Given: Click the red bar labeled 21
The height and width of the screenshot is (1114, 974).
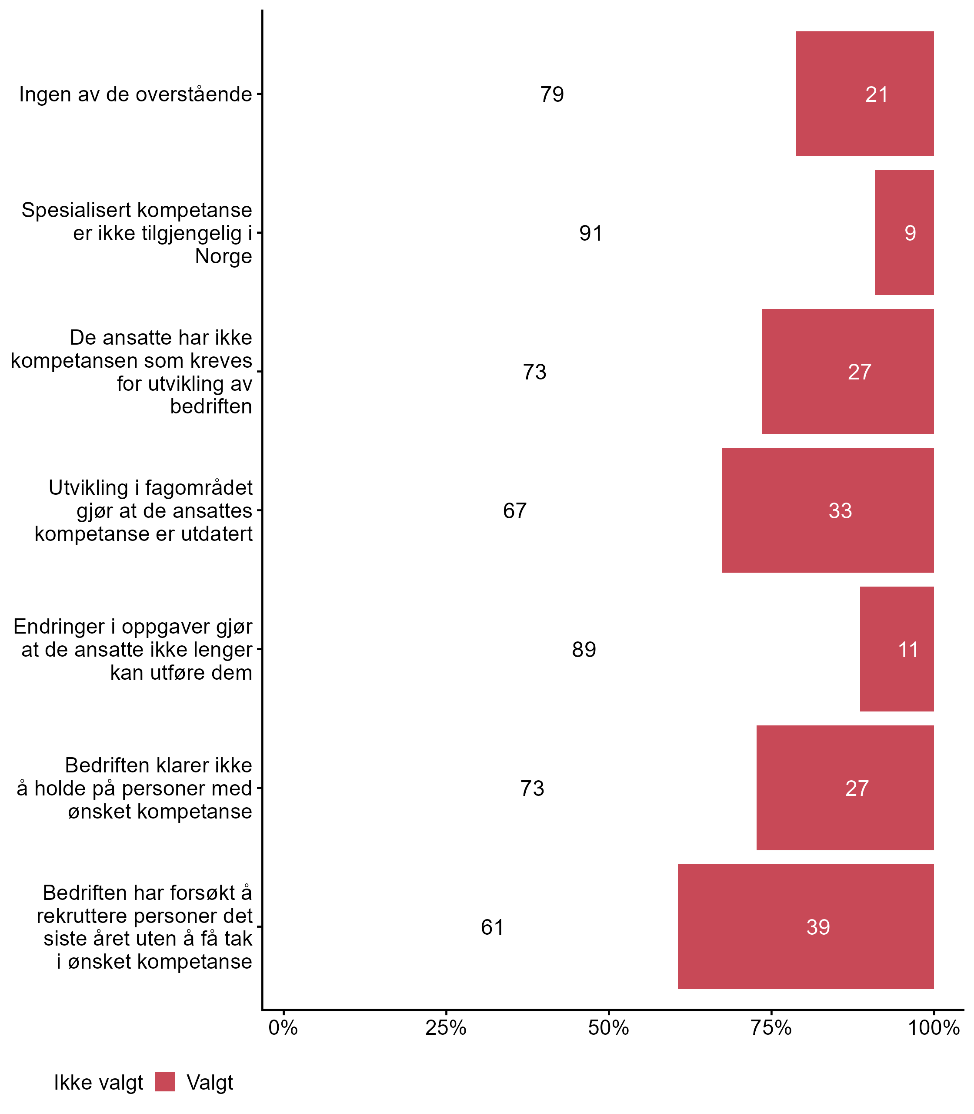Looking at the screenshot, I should pos(864,94).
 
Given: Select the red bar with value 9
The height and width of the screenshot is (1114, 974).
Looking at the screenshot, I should pos(904,233).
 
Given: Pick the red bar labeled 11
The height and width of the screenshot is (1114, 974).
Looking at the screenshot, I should pos(896,649).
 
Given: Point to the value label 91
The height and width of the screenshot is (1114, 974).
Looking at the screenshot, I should pos(591,233).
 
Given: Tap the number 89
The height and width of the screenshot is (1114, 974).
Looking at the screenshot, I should pos(584,649).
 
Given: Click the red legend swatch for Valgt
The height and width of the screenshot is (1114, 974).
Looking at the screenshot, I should pos(165,1082).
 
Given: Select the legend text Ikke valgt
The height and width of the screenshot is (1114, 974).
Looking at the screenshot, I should pos(98,1083).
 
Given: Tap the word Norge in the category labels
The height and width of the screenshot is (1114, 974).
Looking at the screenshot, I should pos(223,256).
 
